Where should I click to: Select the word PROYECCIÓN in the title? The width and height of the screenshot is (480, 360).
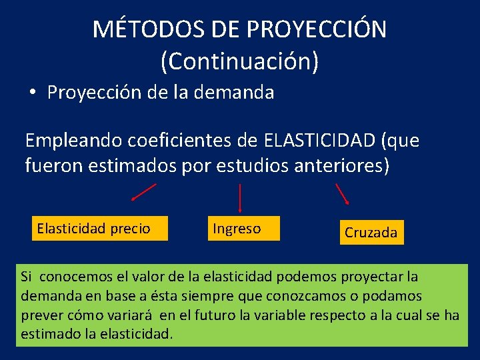tap(316, 29)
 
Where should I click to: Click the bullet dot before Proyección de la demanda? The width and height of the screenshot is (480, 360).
tap(33, 93)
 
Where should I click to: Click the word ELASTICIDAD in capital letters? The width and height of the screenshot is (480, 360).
tap(319, 141)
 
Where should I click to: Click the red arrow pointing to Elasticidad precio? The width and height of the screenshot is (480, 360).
tap(144, 191)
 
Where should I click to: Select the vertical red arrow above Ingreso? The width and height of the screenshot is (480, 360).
tap(240, 198)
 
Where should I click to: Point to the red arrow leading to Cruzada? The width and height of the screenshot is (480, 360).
tap(342, 193)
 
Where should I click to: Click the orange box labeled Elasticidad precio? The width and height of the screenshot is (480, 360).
tap(99, 229)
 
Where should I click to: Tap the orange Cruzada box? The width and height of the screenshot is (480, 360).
tap(371, 233)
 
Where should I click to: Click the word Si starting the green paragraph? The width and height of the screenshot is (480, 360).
tap(26, 277)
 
